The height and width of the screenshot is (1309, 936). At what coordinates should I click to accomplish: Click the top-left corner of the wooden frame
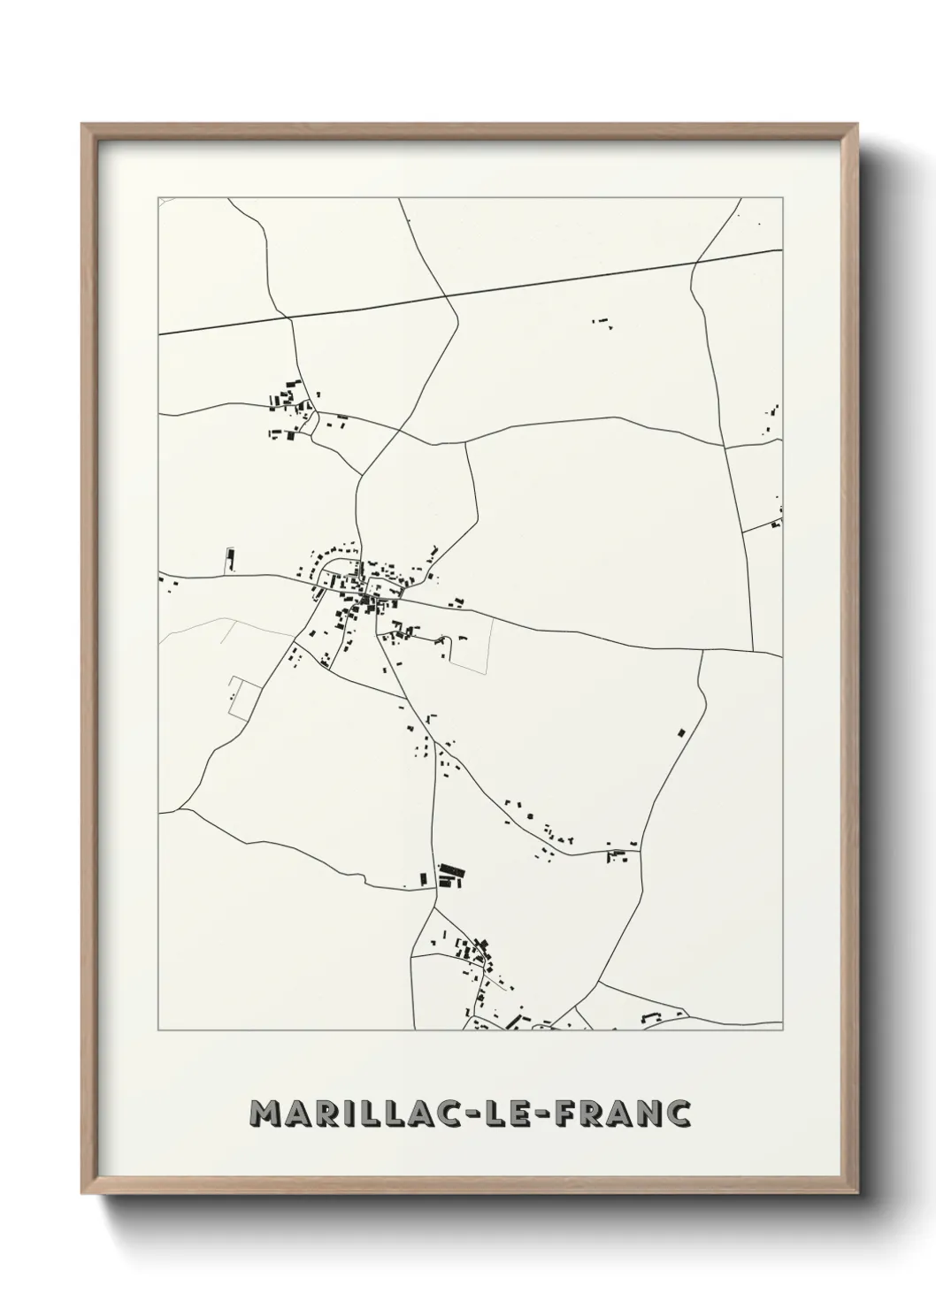pos(84,126)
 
